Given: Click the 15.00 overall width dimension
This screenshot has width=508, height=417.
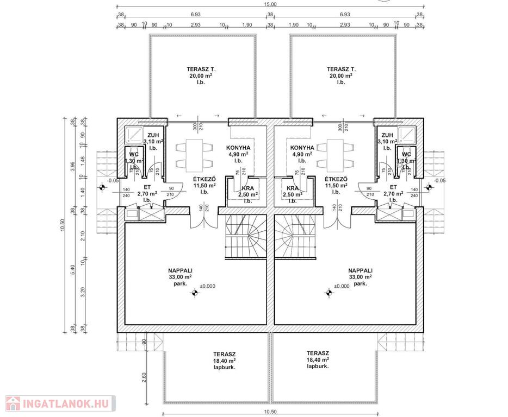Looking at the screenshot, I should (270, 4).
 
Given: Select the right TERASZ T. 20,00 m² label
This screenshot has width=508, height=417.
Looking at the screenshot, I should (341, 75).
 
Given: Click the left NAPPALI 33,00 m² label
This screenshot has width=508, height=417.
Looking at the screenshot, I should (181, 276).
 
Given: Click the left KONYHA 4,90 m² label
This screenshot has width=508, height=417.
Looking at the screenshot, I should (238, 154).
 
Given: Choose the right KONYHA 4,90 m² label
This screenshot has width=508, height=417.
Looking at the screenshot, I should (302, 154).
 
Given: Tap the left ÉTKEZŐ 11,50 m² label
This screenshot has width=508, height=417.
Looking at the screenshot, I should (205, 185).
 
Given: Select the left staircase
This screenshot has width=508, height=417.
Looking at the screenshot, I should (246, 237).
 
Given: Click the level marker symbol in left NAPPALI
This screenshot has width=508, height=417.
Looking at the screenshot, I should (194, 293).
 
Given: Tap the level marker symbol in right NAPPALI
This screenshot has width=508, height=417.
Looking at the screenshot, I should (329, 293).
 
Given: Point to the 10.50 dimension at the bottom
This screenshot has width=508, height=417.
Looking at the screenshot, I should (270, 412).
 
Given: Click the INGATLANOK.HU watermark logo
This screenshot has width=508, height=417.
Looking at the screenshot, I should (58, 403).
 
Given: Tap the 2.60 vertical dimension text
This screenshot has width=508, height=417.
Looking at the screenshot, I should (144, 377).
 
